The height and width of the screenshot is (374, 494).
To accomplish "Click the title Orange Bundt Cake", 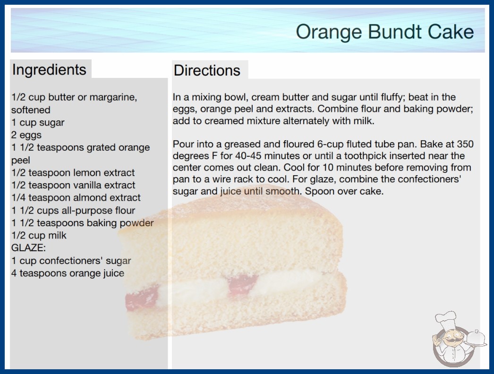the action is click(x=385, y=32).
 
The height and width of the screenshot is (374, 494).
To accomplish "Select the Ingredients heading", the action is click(x=49, y=69).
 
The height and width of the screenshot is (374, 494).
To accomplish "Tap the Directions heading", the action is click(x=207, y=70).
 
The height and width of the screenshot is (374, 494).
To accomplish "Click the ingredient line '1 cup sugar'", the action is click(x=38, y=122).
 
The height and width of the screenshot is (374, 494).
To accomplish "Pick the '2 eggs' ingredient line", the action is click(x=26, y=135).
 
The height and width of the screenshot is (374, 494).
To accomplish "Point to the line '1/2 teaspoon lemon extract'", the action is click(x=73, y=173).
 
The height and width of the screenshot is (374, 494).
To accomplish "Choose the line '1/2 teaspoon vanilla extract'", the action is click(x=73, y=185).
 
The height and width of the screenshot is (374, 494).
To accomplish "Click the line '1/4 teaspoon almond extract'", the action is click(x=76, y=197).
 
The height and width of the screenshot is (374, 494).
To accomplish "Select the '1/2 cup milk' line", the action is click(x=39, y=235).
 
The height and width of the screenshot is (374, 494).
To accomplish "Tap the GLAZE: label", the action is click(x=28, y=248).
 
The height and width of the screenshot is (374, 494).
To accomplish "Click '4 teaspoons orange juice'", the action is click(x=68, y=273).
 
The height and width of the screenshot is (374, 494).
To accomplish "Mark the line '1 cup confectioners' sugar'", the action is click(x=71, y=261).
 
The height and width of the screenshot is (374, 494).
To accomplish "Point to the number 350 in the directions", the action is click(x=465, y=144).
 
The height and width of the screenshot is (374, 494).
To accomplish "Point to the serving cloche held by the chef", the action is click(x=476, y=339).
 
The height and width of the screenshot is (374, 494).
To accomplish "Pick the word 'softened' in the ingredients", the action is click(x=31, y=110).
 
